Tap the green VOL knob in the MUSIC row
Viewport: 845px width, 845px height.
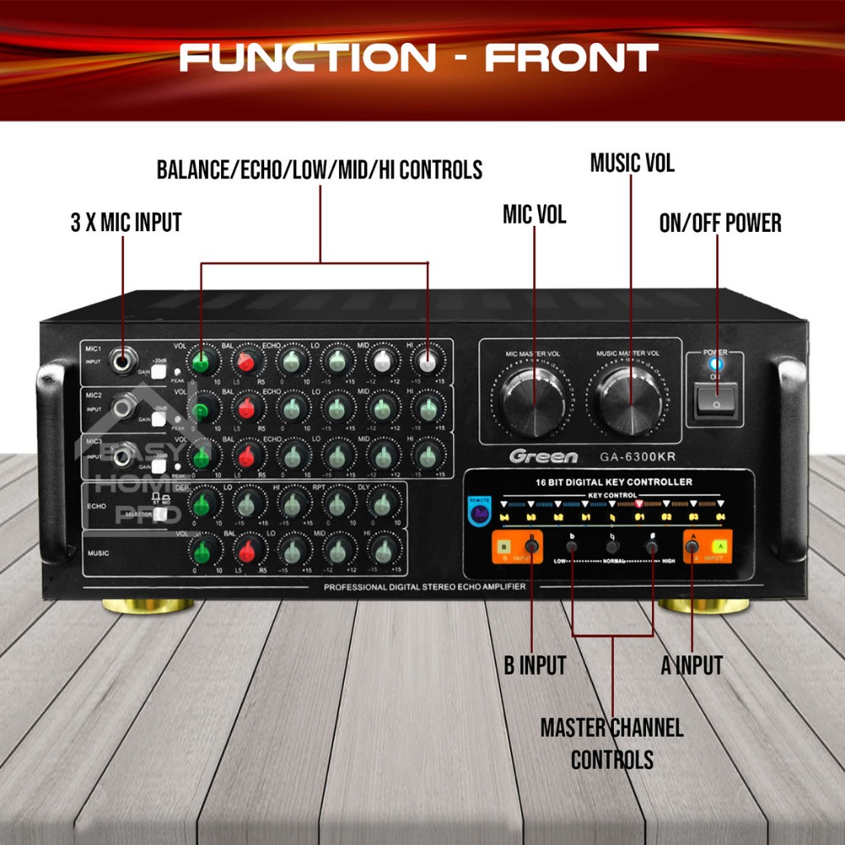point(200,549)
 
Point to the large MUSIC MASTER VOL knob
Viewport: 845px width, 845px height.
point(630,400)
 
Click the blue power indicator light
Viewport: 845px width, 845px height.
point(715,363)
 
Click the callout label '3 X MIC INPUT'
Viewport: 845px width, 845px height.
point(125,223)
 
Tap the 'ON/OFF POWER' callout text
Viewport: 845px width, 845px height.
point(720,223)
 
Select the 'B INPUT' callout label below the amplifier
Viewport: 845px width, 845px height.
point(535,665)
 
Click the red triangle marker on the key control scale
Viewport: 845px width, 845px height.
point(639,503)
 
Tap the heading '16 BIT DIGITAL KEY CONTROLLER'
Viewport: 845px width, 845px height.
point(608,482)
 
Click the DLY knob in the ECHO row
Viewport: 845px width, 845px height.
point(381,503)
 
